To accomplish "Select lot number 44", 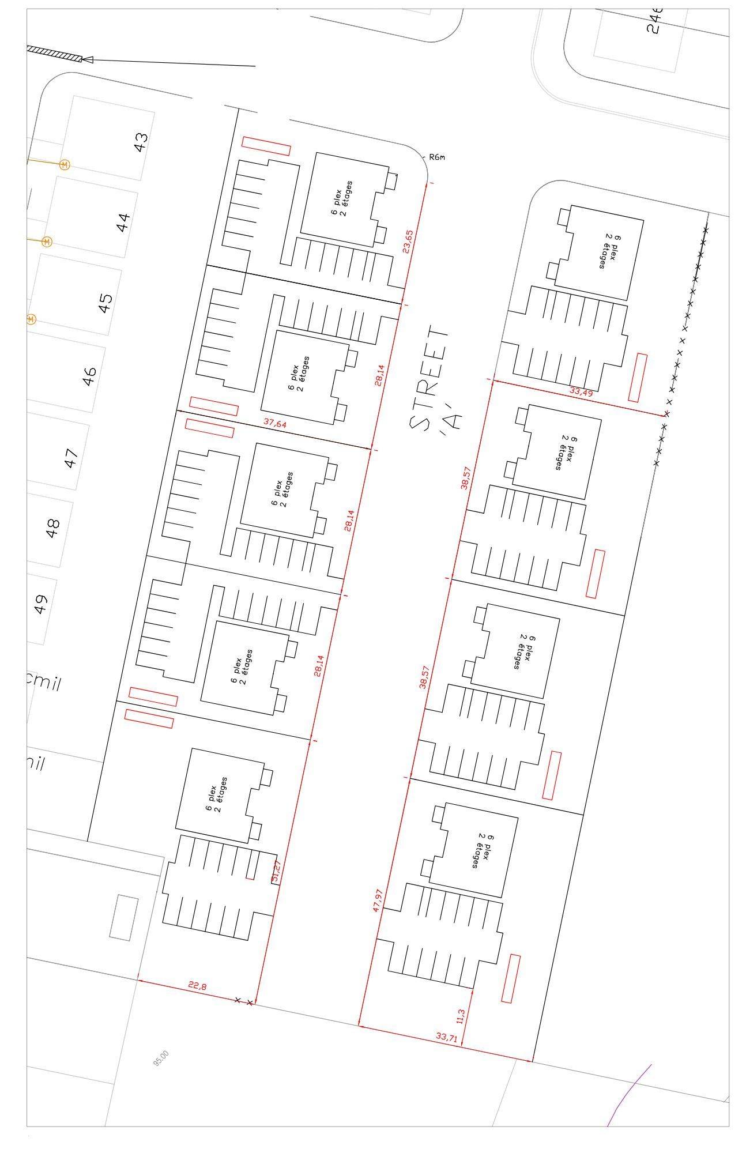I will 124,222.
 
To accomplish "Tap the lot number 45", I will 106,303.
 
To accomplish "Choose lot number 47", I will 71,458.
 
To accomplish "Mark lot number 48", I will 54,527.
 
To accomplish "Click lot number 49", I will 40,604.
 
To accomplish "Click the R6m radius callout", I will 438,157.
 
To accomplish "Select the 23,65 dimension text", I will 408,241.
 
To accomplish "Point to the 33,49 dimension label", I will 581,391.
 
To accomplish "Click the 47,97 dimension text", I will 378,900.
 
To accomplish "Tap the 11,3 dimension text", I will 460,1016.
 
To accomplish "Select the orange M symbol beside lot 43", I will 65,165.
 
